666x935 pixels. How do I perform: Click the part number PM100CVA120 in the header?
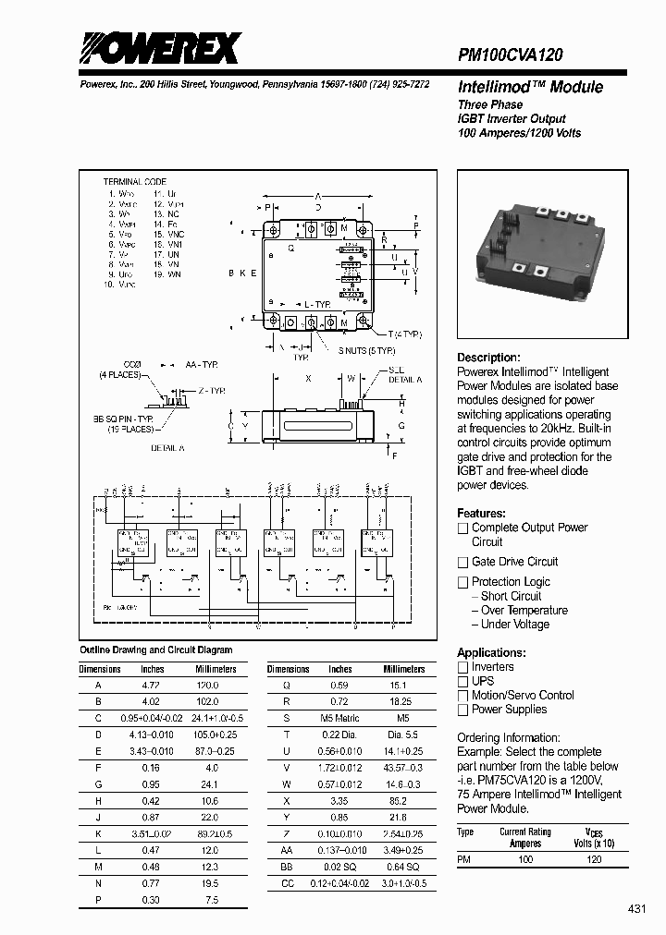[511, 55]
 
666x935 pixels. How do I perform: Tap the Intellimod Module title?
[530, 88]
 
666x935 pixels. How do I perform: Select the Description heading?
[488, 358]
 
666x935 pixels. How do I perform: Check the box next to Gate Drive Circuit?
[462, 562]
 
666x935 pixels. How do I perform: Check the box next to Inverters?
[462, 667]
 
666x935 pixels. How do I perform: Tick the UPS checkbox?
[462, 681]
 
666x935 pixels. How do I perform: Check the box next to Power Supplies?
[462, 710]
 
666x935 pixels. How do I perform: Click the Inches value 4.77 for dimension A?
[152, 686]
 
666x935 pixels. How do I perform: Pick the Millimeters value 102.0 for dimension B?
[207, 700]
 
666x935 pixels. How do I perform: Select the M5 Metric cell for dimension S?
[339, 717]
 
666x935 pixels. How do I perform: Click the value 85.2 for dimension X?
[399, 801]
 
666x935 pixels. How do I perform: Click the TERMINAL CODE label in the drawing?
[135, 183]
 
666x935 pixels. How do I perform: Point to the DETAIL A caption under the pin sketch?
[167, 447]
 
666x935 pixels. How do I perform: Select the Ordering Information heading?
[512, 737]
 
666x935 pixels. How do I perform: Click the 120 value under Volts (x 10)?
[594, 859]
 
